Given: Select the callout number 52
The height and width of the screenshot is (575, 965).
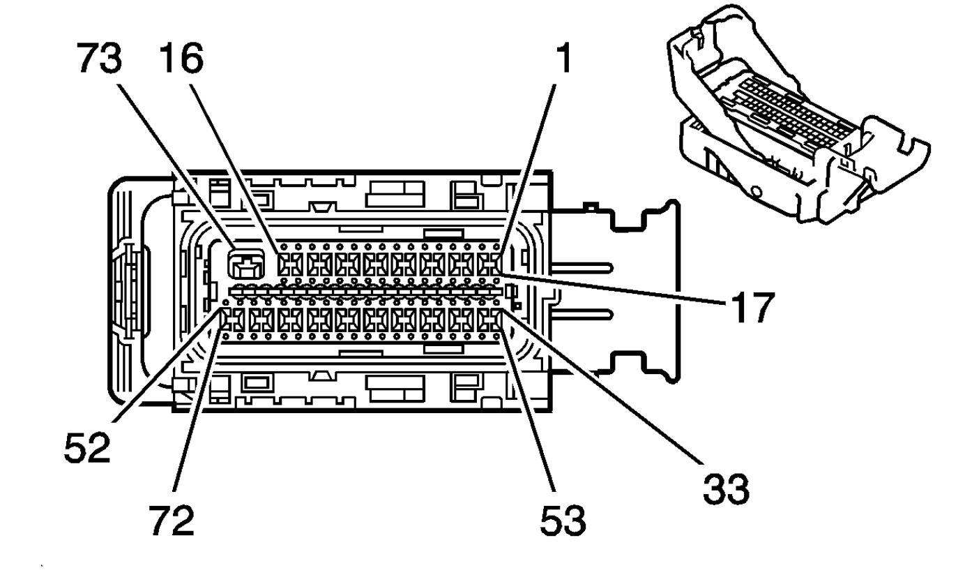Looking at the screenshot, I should [87, 447].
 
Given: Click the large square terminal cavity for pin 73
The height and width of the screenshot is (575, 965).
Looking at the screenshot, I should [247, 266].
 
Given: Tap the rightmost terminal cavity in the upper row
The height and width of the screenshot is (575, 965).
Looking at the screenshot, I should [490, 266].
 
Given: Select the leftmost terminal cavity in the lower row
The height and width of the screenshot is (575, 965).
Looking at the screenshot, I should [231, 321].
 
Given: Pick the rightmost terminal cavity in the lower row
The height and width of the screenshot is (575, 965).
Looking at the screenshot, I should [490, 321].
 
